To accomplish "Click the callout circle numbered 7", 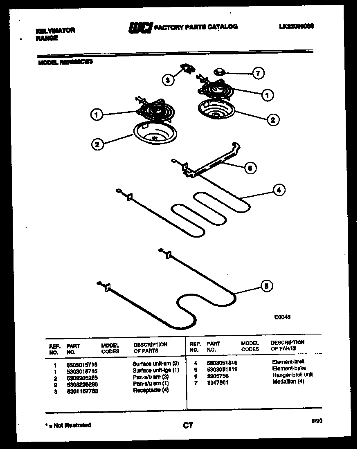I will click(x=257, y=74).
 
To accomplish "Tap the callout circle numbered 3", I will click(x=168, y=81).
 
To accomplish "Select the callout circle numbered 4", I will click(x=279, y=190).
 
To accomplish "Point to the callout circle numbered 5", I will click(x=267, y=287).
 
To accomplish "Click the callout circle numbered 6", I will click(x=250, y=167).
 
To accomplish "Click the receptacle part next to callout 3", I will click(x=187, y=69).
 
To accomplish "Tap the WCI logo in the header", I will click(x=140, y=27).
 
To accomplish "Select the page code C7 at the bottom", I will click(x=188, y=426).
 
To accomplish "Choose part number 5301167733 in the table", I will click(x=82, y=391).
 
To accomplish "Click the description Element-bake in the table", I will click(x=289, y=368).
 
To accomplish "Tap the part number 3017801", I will click(x=218, y=383).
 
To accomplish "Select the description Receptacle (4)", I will click(x=151, y=391).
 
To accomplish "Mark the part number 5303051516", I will click(x=222, y=362).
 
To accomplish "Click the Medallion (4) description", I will click(x=288, y=382).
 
